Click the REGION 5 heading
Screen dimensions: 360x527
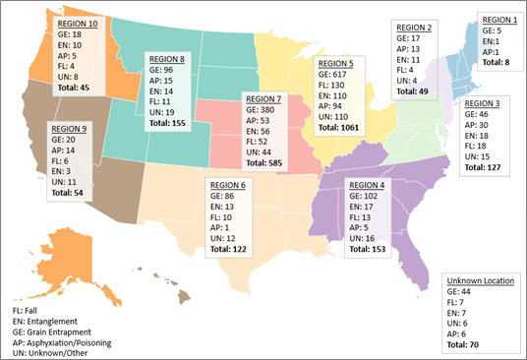click(x=336, y=62)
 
